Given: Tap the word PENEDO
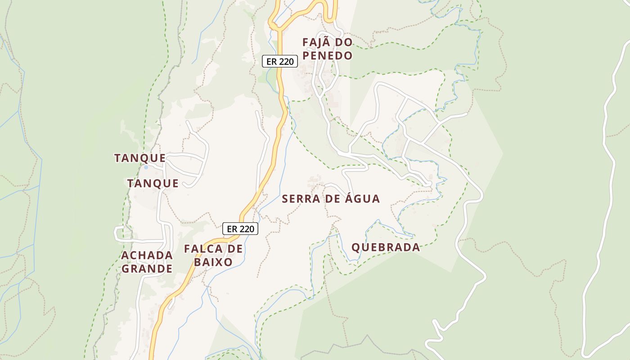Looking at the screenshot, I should (x=327, y=55).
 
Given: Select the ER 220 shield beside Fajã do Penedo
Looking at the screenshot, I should (x=280, y=61).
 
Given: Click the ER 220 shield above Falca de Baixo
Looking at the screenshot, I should (x=240, y=229).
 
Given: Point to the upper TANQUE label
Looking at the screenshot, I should (x=140, y=158).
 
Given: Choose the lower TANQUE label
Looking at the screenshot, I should (x=153, y=183).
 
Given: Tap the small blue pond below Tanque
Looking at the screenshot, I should (x=145, y=167).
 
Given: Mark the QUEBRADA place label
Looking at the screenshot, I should (x=386, y=247).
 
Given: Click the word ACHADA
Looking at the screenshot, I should (x=147, y=255).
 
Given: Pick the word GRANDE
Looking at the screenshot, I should (x=147, y=269).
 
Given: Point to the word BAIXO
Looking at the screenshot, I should (x=214, y=262).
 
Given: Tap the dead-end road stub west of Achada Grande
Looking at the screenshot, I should (x=117, y=232).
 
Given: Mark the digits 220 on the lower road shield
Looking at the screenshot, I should (x=246, y=229).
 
